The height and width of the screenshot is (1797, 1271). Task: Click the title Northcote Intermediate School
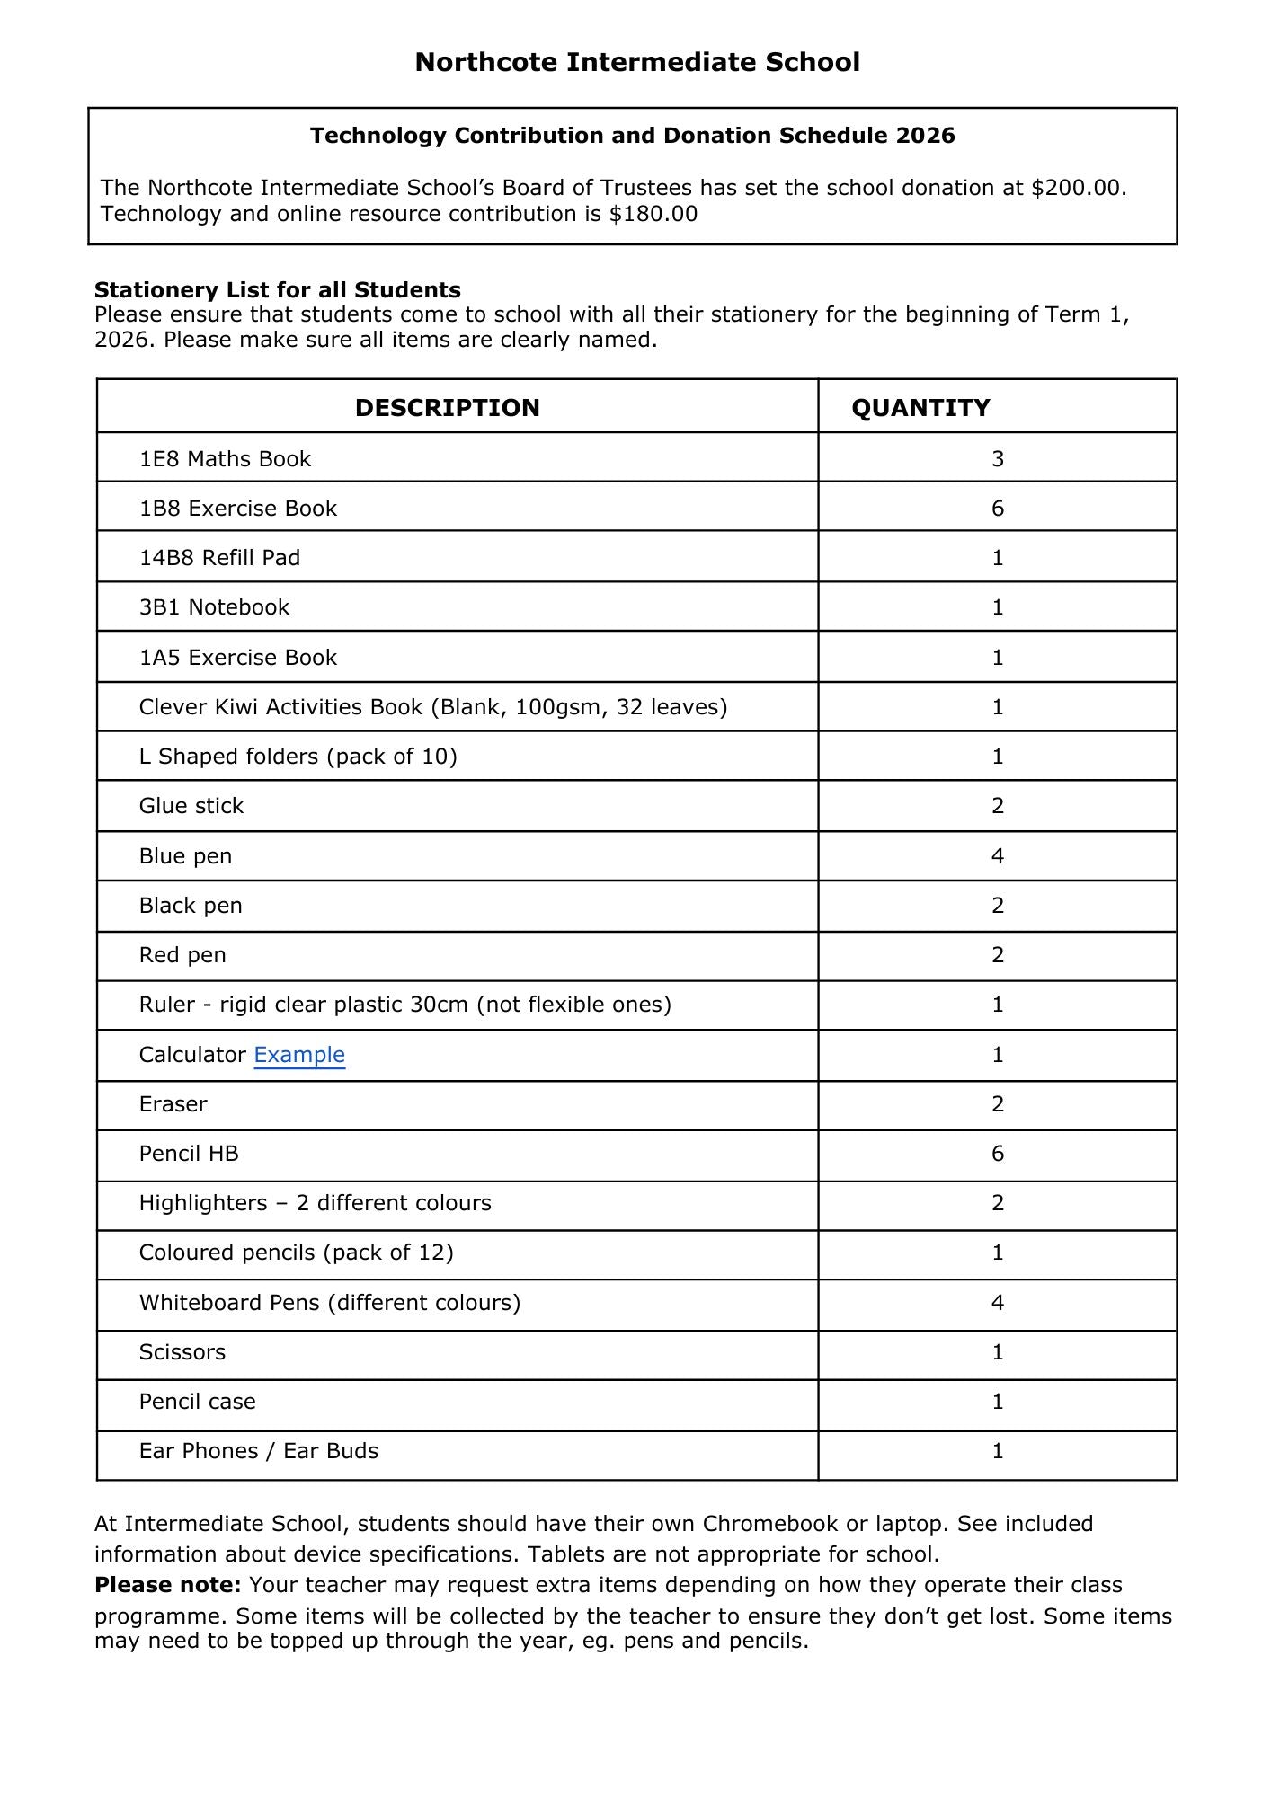tap(636, 62)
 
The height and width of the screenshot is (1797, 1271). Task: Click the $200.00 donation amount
tap(1078, 188)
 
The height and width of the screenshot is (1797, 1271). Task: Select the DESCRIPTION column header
tap(447, 408)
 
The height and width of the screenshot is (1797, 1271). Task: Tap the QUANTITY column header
tap(920, 408)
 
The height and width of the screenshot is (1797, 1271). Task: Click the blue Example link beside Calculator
tap(299, 1055)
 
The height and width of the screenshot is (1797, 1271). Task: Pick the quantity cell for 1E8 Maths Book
tap(997, 459)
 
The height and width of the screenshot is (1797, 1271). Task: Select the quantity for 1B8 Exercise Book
tap(997, 509)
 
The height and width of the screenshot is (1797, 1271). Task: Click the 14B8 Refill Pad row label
tap(219, 558)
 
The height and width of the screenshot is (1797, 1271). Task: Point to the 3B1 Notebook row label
tap(214, 607)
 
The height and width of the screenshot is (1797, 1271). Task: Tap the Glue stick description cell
tap(191, 806)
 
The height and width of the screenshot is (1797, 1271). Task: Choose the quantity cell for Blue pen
tap(997, 856)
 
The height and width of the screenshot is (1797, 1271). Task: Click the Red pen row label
tap(182, 955)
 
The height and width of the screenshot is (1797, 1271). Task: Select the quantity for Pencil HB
tap(997, 1154)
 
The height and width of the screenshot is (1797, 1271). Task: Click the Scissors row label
tap(182, 1352)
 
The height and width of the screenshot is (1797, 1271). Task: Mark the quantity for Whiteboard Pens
tap(997, 1303)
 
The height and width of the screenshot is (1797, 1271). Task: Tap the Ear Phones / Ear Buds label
tap(258, 1451)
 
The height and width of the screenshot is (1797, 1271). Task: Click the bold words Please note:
tap(167, 1585)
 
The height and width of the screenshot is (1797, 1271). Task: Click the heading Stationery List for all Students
tap(277, 290)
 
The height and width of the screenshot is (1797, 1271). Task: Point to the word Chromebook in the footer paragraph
tap(769, 1524)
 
